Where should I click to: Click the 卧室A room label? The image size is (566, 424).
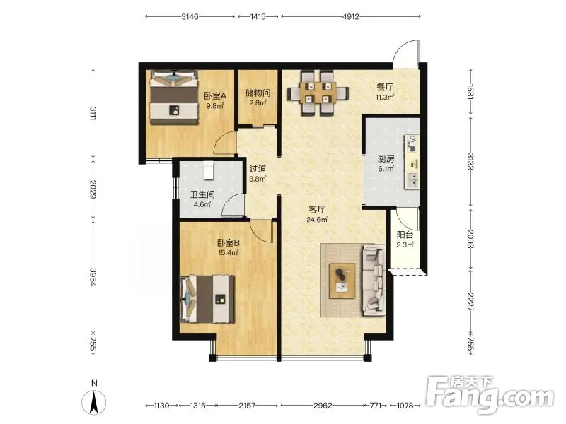coord(215,96)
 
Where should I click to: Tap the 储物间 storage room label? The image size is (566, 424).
coord(258,93)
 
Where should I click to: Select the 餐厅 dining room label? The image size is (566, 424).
coord(385,87)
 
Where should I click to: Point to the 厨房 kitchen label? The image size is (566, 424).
coord(386,158)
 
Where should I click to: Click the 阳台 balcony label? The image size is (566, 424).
coord(405,235)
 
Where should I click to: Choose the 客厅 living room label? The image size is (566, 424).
coord(317,209)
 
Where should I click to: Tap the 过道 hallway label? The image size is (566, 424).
coord(258,168)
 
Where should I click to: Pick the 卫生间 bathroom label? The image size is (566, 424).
coord(202,195)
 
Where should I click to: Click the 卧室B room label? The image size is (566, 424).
coord(228,243)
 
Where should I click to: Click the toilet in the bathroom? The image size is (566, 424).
coord(209,170)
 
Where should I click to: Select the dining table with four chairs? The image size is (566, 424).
coord(318,94)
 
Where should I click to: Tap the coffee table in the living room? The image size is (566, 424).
coord(342,281)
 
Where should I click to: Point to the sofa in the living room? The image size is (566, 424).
coord(374,280)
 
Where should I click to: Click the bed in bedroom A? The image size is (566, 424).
coord(174,98)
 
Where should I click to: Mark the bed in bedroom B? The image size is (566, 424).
coord(207,299)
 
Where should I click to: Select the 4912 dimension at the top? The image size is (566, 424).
coord(350,16)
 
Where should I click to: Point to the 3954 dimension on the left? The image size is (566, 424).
coord(93,277)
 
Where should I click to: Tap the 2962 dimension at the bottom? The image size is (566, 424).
coord(323,406)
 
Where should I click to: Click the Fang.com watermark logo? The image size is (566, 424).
coord(490,394)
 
